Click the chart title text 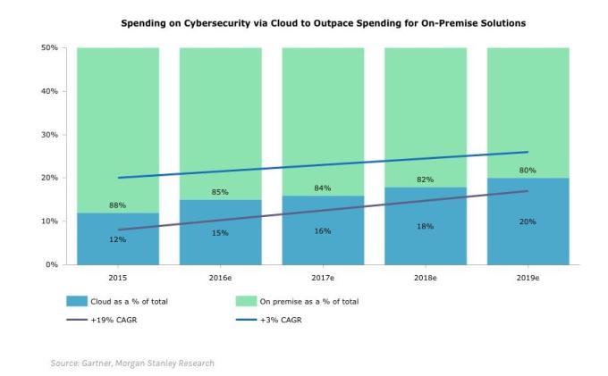(x=323, y=21)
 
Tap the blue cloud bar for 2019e (x=528, y=241)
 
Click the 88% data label (x=118, y=205)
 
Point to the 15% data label (x=220, y=233)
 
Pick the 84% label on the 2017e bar (x=323, y=188)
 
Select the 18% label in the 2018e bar (x=425, y=226)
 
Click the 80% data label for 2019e (x=528, y=170)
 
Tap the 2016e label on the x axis (x=220, y=278)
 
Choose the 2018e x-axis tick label (x=425, y=278)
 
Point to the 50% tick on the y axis (x=49, y=48)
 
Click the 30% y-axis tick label (x=49, y=135)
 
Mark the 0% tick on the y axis (x=52, y=264)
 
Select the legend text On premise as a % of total (x=308, y=301)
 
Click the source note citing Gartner (x=132, y=363)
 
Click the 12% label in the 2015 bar (x=118, y=239)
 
